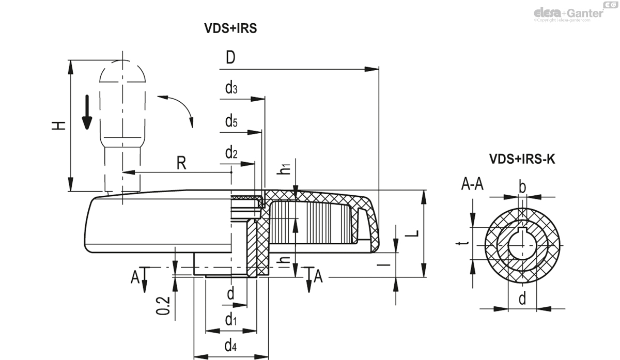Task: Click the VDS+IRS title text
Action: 230,29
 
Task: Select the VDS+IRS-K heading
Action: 522,160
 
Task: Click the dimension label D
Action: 230,58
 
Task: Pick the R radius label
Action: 181,163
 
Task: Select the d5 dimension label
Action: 231,122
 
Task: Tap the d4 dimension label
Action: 231,346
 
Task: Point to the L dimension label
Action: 412,233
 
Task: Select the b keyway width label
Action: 522,187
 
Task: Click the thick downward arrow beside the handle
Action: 87,112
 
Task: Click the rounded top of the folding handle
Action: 122,72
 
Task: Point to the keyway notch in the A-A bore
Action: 522,231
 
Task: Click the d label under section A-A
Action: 522,298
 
